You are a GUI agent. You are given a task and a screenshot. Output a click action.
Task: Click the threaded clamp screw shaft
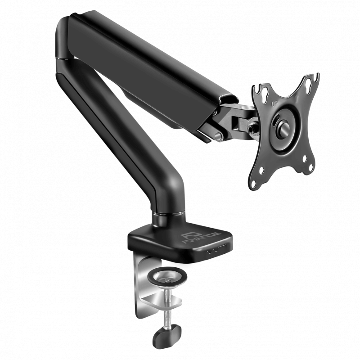[x=168, y=306]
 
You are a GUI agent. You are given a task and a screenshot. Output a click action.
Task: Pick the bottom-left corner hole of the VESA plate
[x=254, y=182]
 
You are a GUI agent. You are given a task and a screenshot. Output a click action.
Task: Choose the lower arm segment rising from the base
[x=121, y=135]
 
